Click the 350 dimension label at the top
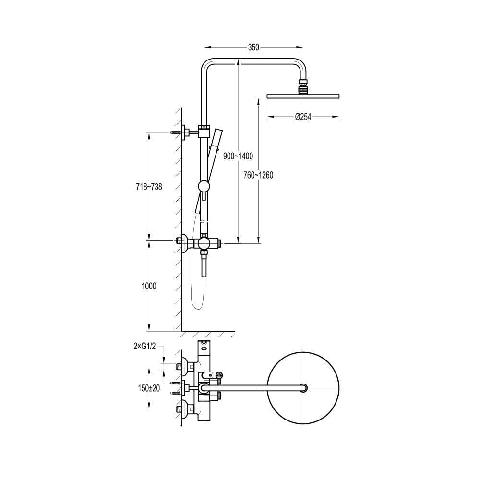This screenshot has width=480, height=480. (253, 47)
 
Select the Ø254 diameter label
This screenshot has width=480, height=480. (303, 117)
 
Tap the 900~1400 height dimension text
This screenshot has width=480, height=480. (238, 156)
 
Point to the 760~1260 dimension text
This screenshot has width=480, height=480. (258, 175)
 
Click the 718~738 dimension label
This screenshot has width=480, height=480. (149, 187)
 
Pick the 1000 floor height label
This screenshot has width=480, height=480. (149, 286)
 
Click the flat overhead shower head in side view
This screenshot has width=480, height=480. (303, 96)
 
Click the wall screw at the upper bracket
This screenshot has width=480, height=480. (176, 132)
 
